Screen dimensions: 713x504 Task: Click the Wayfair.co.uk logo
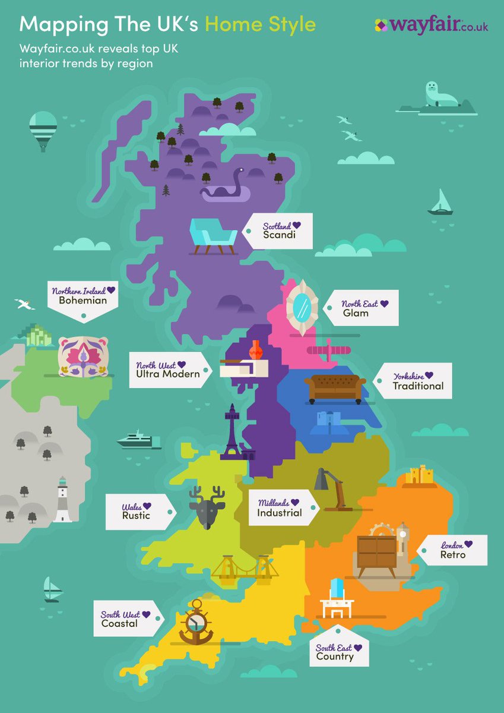(x=431, y=26)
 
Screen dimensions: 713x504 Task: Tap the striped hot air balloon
(x=43, y=130)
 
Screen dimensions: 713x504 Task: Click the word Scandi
(x=279, y=235)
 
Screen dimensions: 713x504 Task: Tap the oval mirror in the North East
(x=302, y=308)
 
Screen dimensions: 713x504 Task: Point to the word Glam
(x=356, y=313)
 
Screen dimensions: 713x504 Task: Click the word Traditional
(x=418, y=386)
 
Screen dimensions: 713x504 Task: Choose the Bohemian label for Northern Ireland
(x=83, y=301)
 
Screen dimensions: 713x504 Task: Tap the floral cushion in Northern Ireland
(x=83, y=356)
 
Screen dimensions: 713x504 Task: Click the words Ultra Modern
(x=168, y=374)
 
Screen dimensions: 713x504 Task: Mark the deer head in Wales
(x=207, y=507)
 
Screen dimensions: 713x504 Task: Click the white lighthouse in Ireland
(x=62, y=500)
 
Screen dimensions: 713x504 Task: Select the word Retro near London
(x=453, y=555)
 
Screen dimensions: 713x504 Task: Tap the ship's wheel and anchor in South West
(x=196, y=622)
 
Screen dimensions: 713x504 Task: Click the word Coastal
(x=119, y=623)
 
